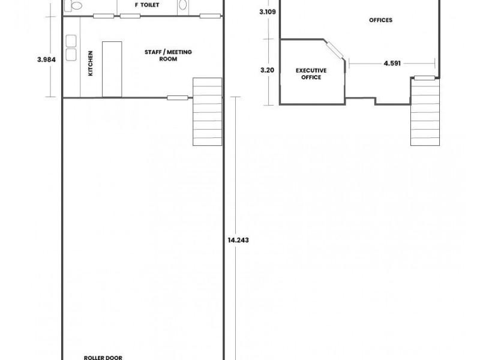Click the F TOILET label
[146, 5]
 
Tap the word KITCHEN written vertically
[91, 62]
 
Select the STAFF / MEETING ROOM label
[168, 56]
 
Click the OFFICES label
[380, 20]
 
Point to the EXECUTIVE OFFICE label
[311, 74]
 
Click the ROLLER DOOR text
[103, 358]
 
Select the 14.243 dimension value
[238, 239]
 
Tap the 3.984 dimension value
[46, 59]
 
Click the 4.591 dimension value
[393, 62]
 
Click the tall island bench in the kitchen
[112, 69]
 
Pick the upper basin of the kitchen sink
[71, 41]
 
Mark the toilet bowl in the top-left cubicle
[76, 5]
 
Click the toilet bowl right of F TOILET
[183, 5]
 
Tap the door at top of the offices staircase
[424, 77]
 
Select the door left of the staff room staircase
[176, 98]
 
